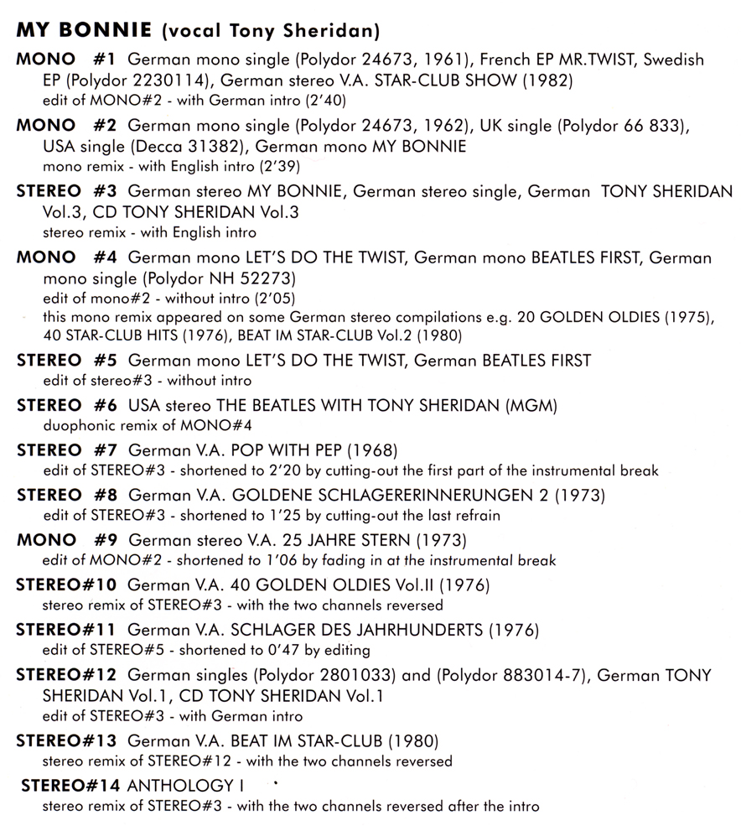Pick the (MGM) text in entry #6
pos(534,407)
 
